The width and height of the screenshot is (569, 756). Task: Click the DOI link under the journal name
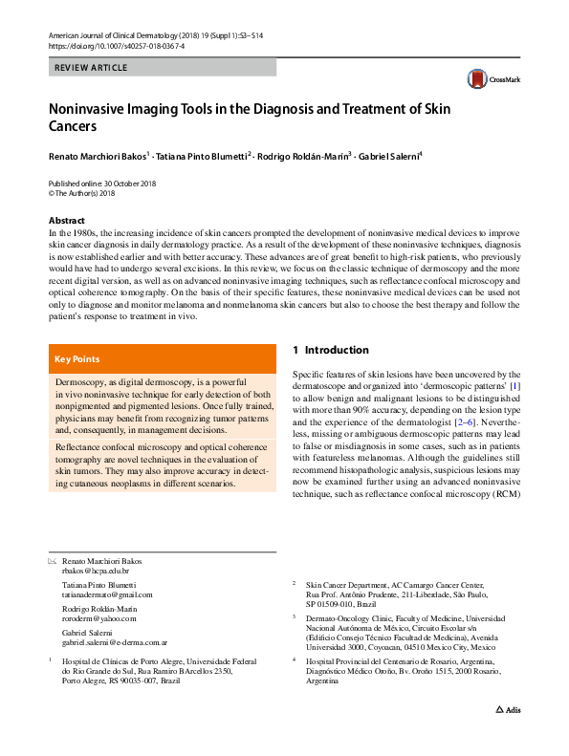tap(116, 45)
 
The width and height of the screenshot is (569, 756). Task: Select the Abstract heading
tap(67, 221)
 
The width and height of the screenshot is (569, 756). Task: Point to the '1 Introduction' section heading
tap(330, 351)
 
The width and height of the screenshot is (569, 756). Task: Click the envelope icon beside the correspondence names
tap(52, 560)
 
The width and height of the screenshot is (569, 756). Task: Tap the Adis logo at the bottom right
tap(508, 737)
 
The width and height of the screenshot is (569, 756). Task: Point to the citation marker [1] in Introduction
tap(514, 386)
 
